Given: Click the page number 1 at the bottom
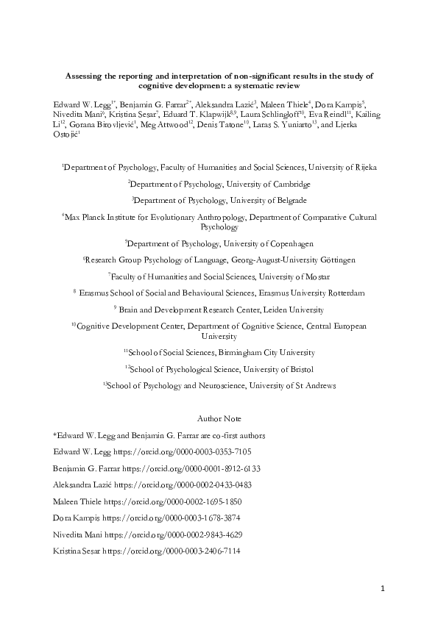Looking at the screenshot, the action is tap(383, 589).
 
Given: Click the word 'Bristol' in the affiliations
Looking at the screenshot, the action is tap(300, 369).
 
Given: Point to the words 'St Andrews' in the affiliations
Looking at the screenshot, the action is tap(317, 385).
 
